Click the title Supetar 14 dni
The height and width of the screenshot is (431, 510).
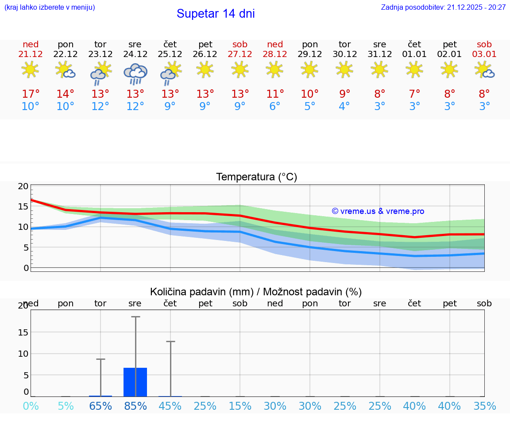(216, 14)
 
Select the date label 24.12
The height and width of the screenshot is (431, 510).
(135, 54)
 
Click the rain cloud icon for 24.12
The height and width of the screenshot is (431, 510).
(135, 73)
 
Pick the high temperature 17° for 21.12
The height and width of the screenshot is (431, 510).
(31, 94)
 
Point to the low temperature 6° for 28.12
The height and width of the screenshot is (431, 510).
(275, 107)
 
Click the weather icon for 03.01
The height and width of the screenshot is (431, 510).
(484, 70)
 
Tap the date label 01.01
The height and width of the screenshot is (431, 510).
(414, 54)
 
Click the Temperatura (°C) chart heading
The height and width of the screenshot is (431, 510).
(256, 177)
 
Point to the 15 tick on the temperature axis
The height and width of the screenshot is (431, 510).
(23, 206)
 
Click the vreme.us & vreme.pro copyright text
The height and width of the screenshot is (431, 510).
(378, 211)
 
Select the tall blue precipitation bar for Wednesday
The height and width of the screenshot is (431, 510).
(135, 382)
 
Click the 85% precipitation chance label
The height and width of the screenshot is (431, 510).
(135, 406)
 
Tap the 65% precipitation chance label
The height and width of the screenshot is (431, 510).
(100, 406)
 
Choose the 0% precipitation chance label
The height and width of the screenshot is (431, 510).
(31, 406)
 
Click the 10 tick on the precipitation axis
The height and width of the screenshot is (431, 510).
(23, 354)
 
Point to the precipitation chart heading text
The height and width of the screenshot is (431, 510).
(256, 292)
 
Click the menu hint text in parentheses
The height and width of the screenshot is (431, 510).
(50, 8)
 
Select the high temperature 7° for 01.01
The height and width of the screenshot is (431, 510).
(414, 94)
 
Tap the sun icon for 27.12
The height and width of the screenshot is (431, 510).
(240, 69)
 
